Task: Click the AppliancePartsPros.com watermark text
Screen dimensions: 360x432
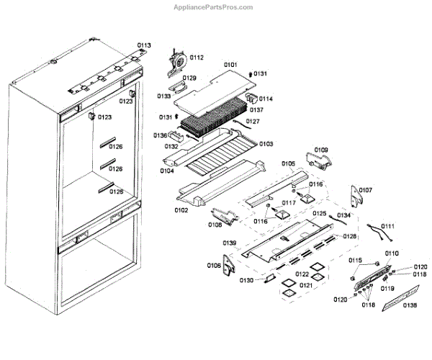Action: [x=214, y=7]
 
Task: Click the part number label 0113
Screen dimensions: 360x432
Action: [x=145, y=45]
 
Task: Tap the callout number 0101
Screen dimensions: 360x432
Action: [x=230, y=65]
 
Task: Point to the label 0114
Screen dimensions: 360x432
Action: [x=266, y=99]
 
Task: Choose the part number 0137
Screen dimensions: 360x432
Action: [x=256, y=110]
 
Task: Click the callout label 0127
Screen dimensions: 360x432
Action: [x=252, y=122]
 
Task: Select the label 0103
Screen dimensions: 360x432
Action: [x=266, y=144]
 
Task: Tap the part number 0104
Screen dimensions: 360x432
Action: [x=167, y=171]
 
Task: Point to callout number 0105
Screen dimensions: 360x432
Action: [x=288, y=163]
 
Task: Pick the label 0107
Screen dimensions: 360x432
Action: [x=366, y=190]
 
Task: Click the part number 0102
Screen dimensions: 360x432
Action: [x=181, y=210]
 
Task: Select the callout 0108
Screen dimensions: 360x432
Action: [x=215, y=225]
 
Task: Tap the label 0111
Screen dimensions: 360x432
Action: [x=388, y=226]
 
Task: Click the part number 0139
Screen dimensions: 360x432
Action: [x=230, y=242]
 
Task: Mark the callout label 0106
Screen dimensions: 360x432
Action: [x=215, y=266]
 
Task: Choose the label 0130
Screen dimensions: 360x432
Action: [x=246, y=279]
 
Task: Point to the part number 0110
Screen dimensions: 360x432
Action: [x=392, y=253]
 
